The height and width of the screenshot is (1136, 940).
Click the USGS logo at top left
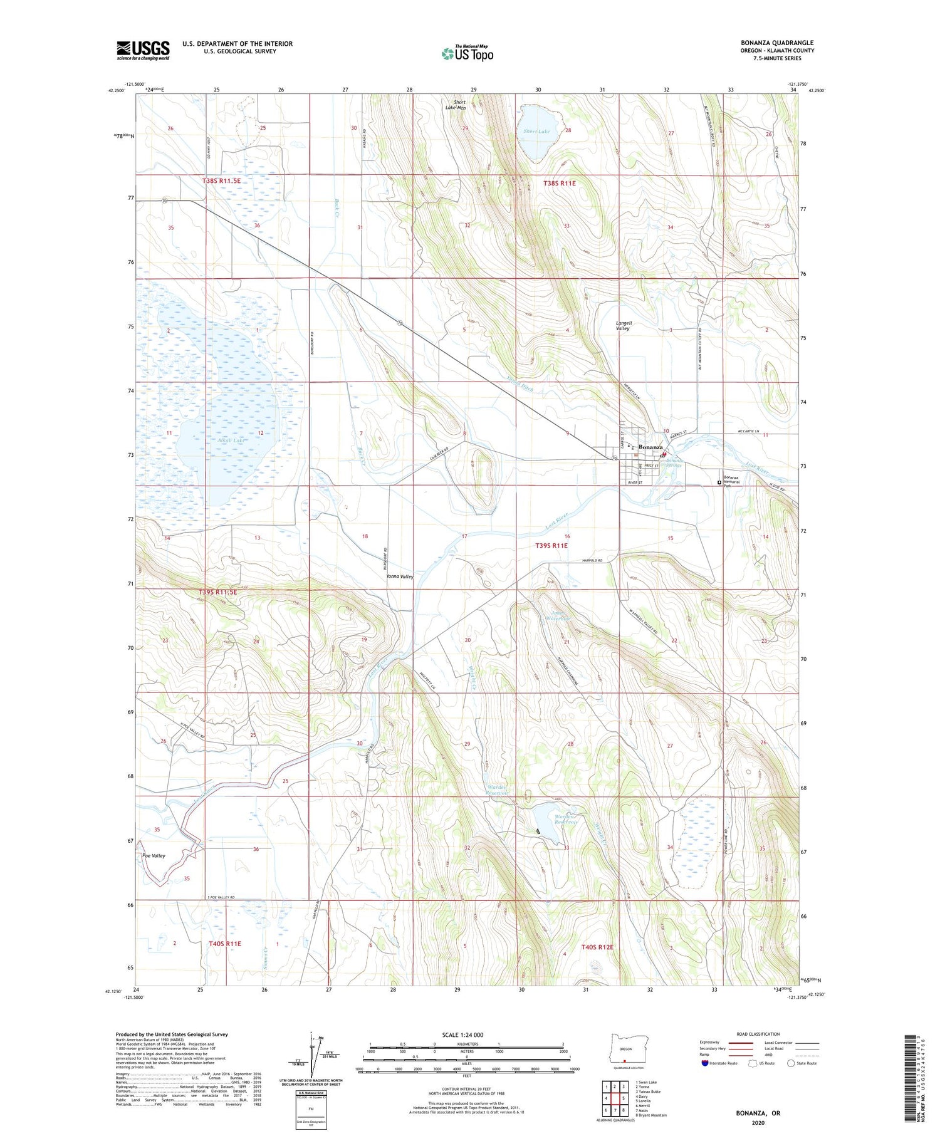point(143,50)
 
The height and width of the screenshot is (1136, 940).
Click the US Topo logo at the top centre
point(467,54)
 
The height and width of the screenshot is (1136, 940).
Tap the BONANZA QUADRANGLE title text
point(776,43)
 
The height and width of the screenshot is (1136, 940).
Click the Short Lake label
point(536,131)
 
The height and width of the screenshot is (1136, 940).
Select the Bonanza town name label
point(651,447)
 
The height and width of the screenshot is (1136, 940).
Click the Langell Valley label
point(623,326)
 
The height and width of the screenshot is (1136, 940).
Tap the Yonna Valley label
point(400,576)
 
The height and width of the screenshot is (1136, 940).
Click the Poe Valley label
point(154,855)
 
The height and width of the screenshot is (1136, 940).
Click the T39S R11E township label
point(551,546)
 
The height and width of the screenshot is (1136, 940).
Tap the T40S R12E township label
point(597,947)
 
